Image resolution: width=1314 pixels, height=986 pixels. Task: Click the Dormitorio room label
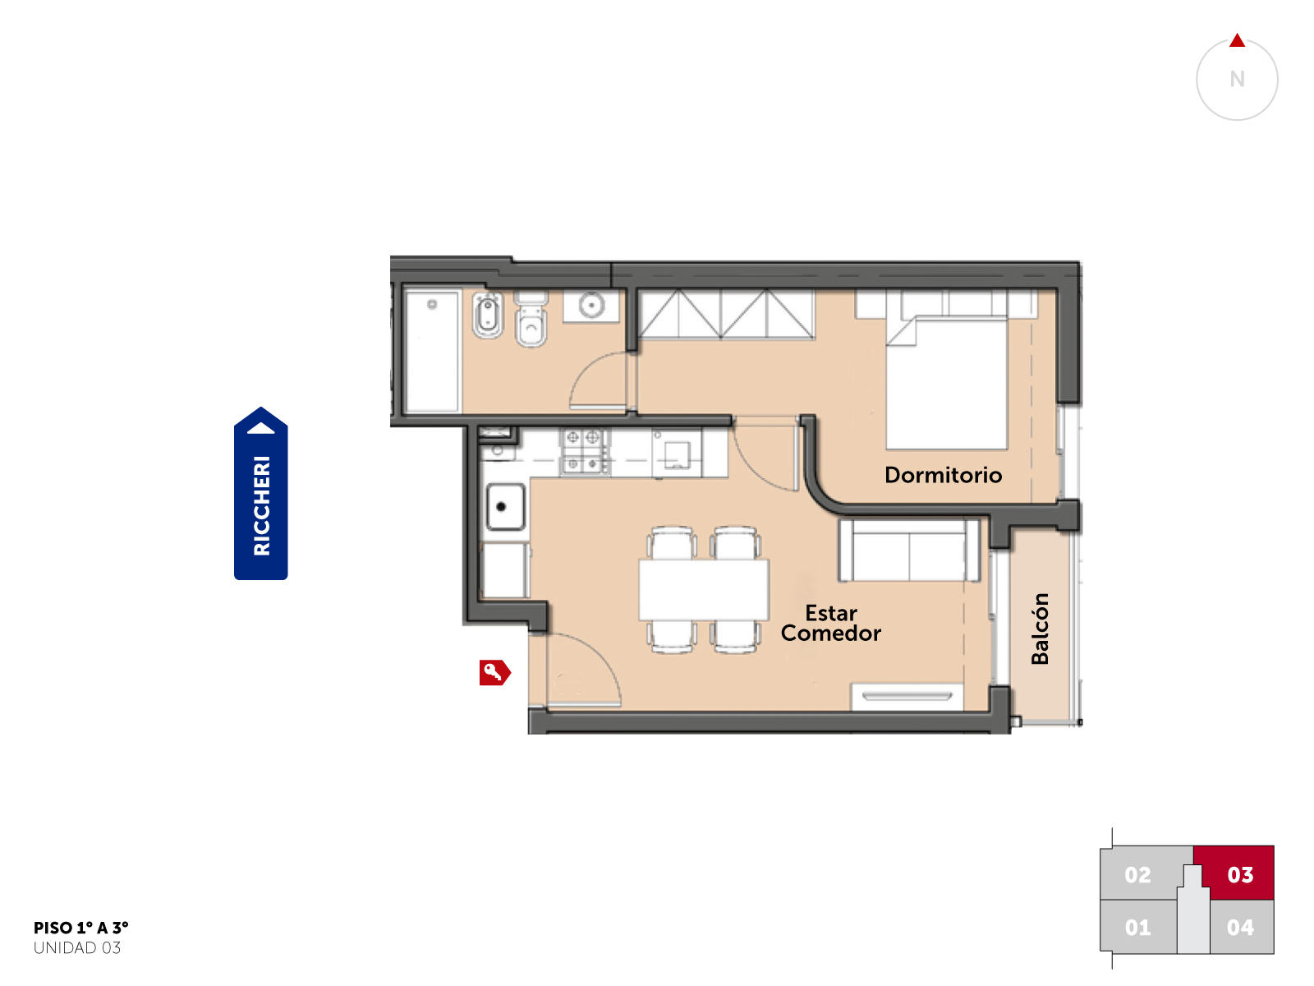click(943, 476)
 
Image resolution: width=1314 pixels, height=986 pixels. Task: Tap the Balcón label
click(1040, 629)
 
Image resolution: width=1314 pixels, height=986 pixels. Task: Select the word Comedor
click(830, 634)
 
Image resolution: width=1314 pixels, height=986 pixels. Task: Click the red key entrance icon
click(494, 672)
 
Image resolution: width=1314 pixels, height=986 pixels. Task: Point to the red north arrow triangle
click(1237, 40)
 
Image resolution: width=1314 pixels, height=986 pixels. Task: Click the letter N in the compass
click(1237, 79)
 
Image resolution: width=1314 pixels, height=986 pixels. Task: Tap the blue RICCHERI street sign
click(260, 493)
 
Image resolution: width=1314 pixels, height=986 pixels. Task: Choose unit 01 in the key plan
click(1137, 928)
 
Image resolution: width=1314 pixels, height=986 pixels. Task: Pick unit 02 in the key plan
click(1137, 874)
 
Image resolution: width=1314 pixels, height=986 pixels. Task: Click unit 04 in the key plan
click(1241, 928)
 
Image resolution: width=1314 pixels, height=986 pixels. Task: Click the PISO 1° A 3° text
click(80, 928)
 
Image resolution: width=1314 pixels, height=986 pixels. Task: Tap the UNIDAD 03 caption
click(77, 947)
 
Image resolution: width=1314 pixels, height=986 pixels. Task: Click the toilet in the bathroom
click(531, 320)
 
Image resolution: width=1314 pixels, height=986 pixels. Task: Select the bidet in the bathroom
click(487, 315)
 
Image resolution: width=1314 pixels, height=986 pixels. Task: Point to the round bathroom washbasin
click(591, 306)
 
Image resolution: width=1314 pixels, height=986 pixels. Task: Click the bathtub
click(431, 352)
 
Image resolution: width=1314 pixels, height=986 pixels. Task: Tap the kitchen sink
click(505, 507)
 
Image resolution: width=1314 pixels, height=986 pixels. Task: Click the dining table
click(703, 590)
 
